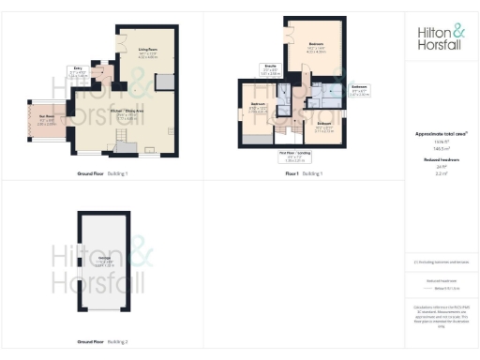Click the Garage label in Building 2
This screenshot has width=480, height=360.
pyautogui.click(x=105, y=263)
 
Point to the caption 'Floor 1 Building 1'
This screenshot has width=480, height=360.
pyautogui.click(x=303, y=173)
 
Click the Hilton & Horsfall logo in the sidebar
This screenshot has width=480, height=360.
pyautogui.click(x=440, y=38)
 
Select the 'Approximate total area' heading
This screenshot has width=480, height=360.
pyautogui.click(x=440, y=134)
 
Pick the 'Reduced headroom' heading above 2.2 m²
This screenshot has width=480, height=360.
pyautogui.click(x=440, y=160)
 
